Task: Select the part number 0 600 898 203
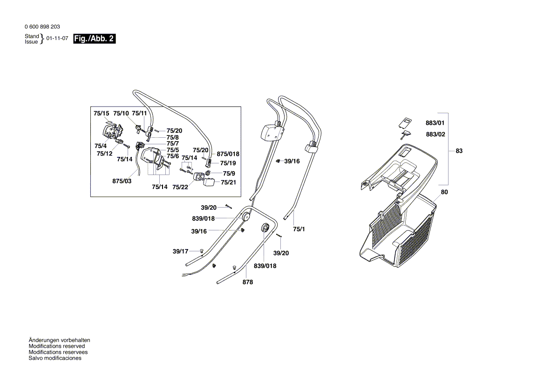coord(42,27)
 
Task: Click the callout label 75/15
coord(101,114)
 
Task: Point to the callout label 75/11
coord(139,114)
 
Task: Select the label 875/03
coord(122,181)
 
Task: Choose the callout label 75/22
coord(180,187)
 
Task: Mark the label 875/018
coord(228,154)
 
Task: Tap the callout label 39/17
coord(180,251)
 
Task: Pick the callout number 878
coord(248,282)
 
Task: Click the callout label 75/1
coord(299,229)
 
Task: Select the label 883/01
coord(435,123)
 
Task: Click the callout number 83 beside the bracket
coord(459,151)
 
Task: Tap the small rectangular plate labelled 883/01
coord(406,122)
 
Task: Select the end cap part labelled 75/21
coord(209,182)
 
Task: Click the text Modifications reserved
coord(57,346)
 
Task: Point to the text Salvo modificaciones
coord(55,358)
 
